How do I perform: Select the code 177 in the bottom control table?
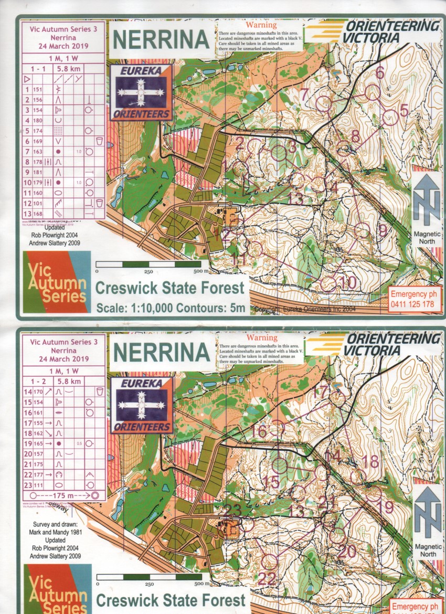pyautogui.click(x=38, y=474)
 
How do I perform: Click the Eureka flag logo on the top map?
pyautogui.click(x=141, y=92)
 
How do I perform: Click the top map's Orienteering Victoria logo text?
pyautogui.click(x=391, y=31)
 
